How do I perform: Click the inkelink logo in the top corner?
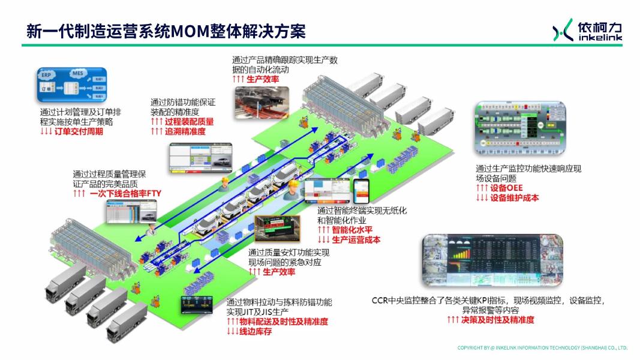587,30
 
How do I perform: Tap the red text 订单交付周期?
79,131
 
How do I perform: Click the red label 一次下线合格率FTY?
125,193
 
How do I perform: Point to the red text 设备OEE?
506,188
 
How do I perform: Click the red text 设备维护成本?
515,197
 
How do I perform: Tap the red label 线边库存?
256,331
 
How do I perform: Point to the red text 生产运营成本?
356,239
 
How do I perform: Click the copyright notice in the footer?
542,348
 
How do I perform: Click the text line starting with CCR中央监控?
491,300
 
